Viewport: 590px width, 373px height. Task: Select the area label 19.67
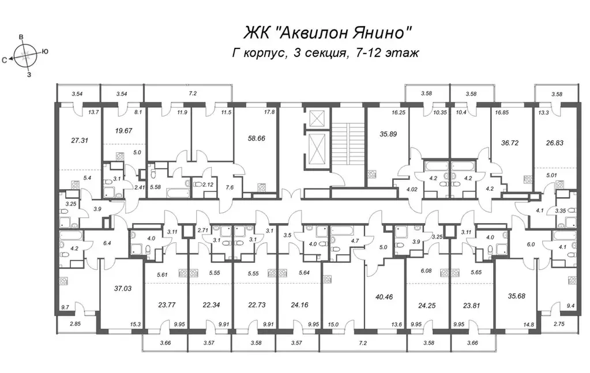point(121,130)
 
